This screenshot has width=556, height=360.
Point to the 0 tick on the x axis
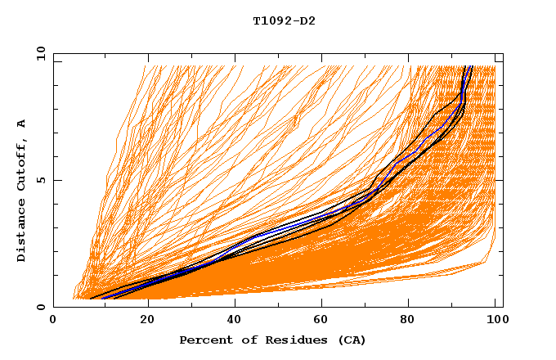(x=54, y=322)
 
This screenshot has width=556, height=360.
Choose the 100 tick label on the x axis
(x=495, y=322)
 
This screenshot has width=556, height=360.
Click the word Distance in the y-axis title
(x=21, y=229)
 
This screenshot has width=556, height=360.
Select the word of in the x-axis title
(x=242, y=340)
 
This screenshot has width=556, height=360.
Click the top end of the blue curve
(x=467, y=67)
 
